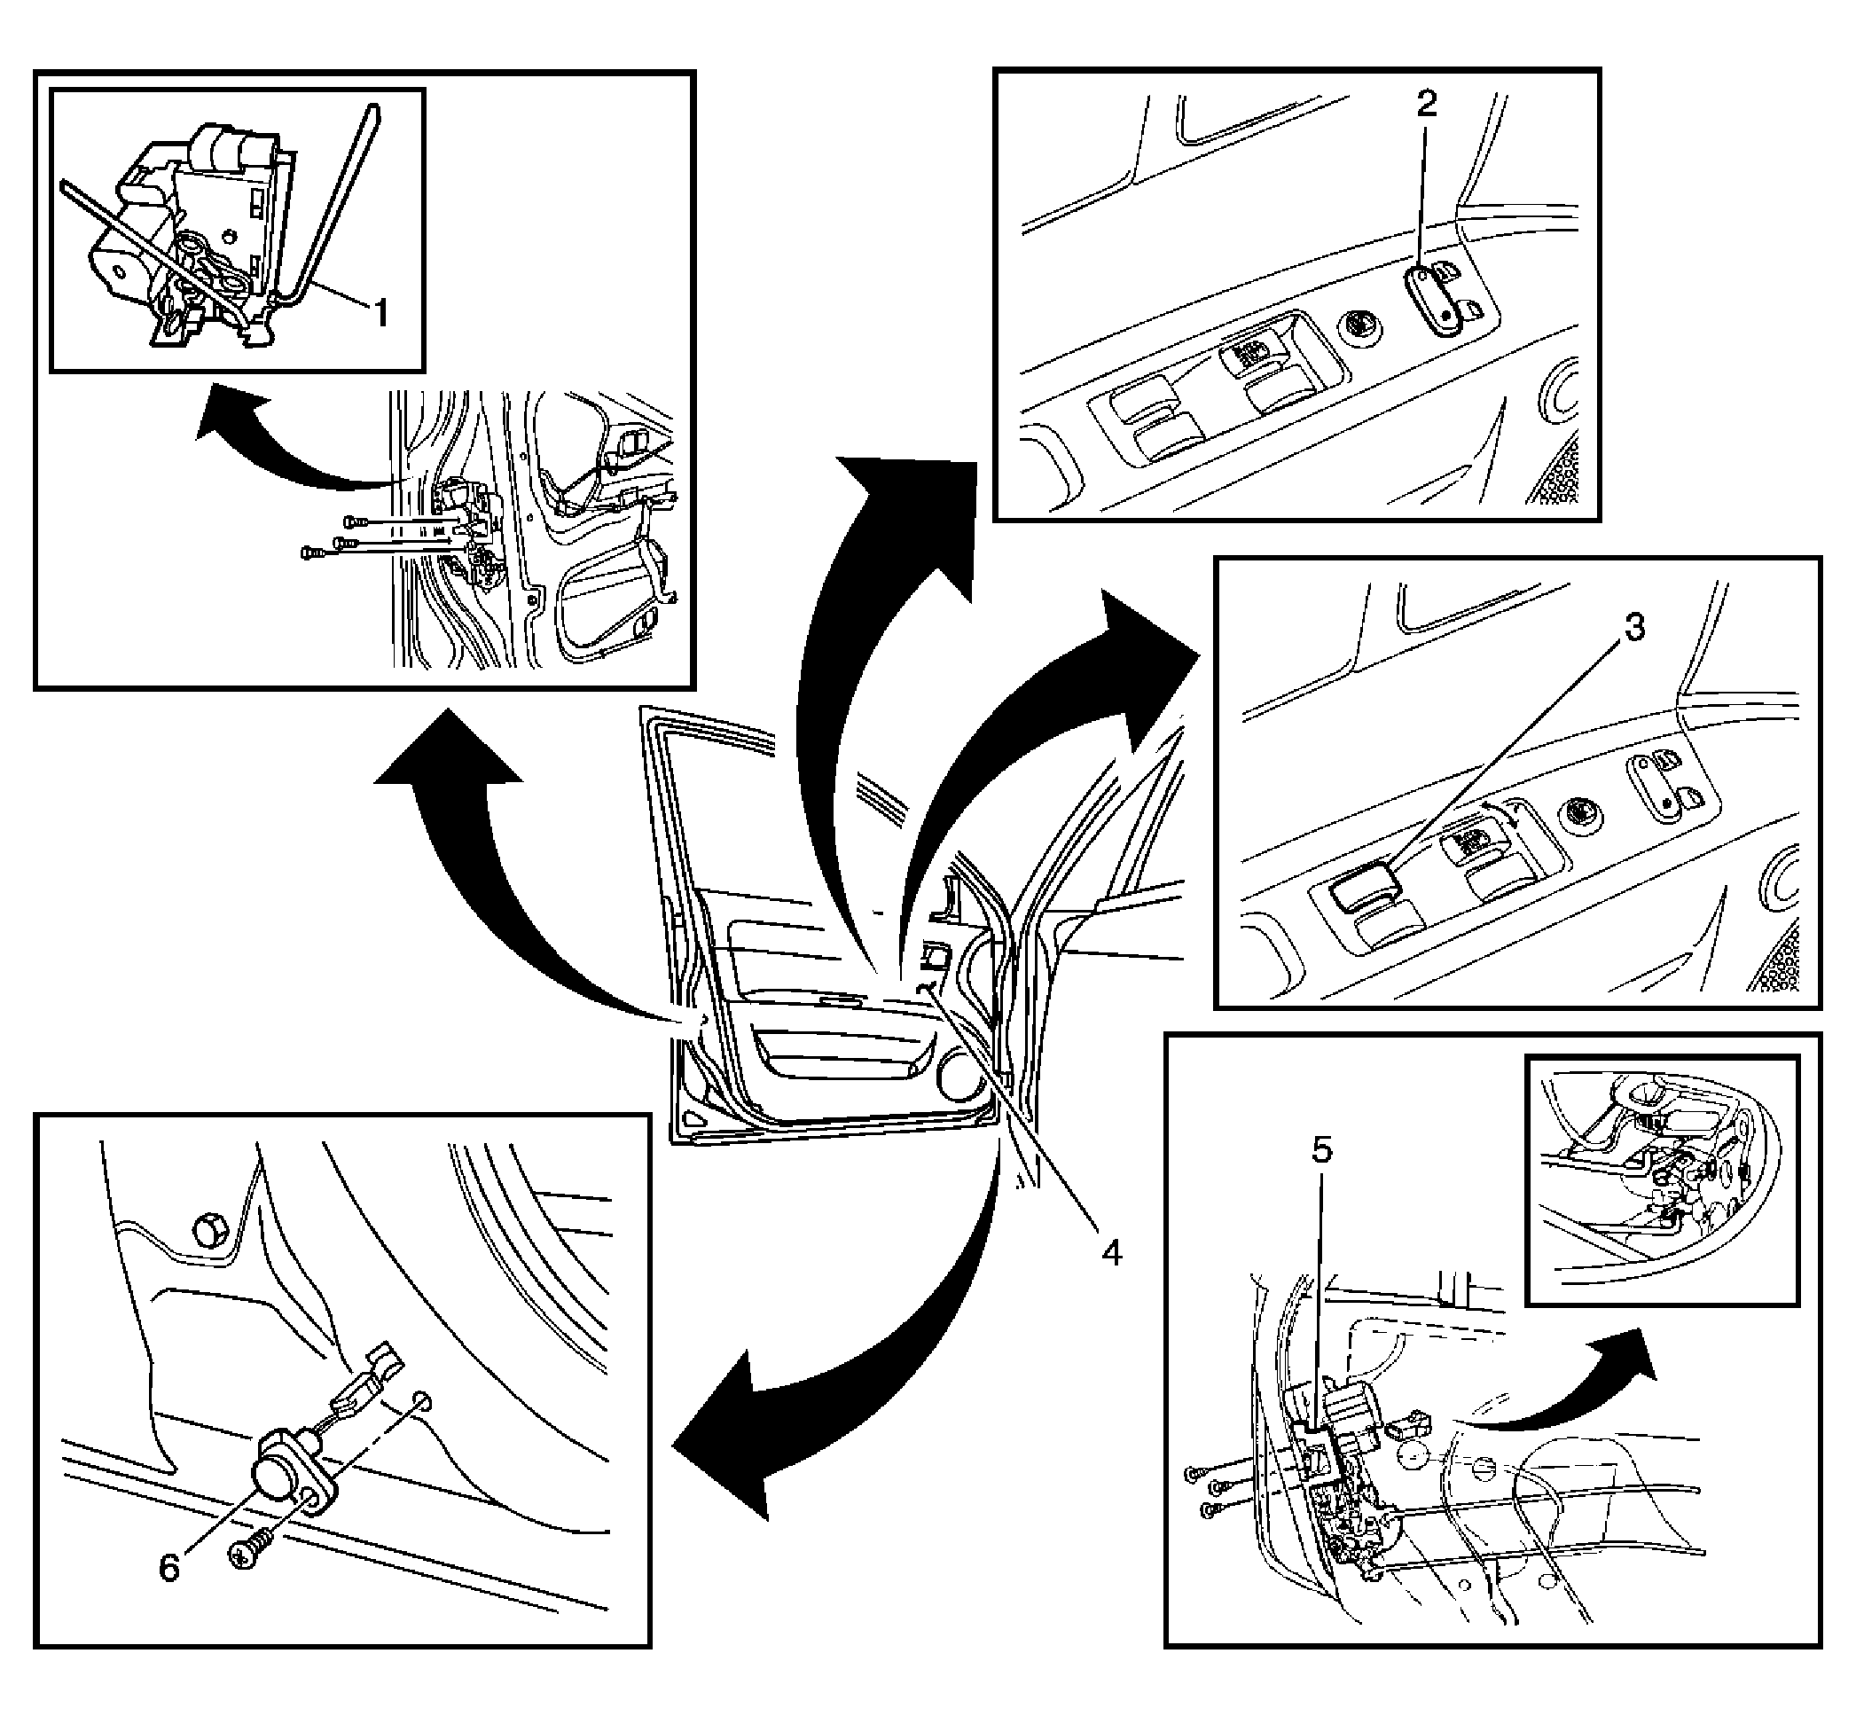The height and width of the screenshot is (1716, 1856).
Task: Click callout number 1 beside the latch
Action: (380, 313)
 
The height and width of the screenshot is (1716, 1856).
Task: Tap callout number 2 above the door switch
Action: (1426, 103)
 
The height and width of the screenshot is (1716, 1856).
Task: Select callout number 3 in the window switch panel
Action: (1633, 628)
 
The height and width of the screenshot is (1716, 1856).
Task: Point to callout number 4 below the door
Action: (1111, 1253)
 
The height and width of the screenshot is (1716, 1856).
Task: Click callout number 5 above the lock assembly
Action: (1321, 1150)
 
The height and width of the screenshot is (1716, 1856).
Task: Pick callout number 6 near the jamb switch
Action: (169, 1569)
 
